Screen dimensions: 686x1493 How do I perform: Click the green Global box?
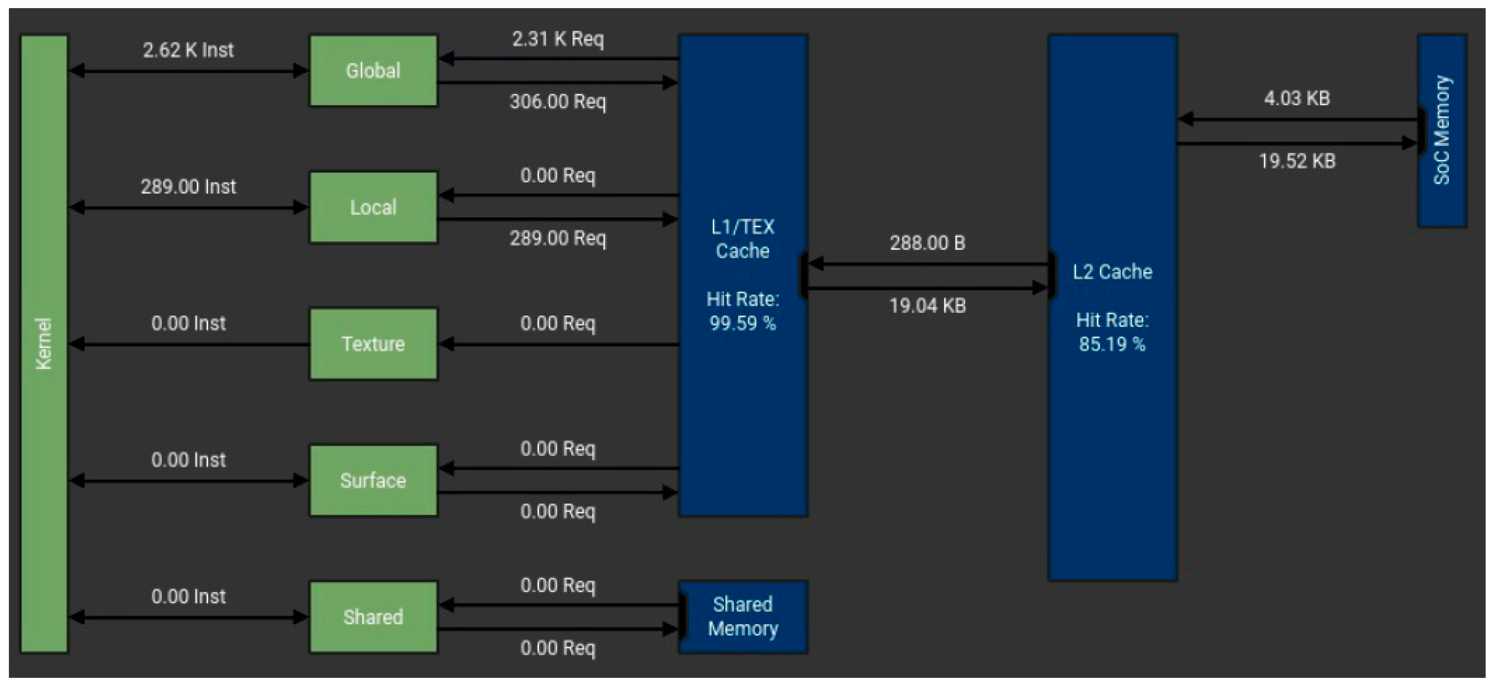373,71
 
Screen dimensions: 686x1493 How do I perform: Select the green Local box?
373,207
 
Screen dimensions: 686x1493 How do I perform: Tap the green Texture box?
373,344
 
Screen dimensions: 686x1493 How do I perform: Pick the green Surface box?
373,480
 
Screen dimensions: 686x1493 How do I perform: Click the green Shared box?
373,617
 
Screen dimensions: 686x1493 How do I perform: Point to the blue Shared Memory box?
743,617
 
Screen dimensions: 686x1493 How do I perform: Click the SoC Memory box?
1442,130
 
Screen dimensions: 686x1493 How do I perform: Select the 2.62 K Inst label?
188,50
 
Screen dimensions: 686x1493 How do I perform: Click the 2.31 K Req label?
558,39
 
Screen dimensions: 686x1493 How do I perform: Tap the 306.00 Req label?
558,101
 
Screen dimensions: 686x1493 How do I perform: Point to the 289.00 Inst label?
188,187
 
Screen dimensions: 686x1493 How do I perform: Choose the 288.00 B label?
927,243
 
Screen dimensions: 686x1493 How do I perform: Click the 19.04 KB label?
927,305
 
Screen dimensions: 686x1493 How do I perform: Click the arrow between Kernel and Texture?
188,345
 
